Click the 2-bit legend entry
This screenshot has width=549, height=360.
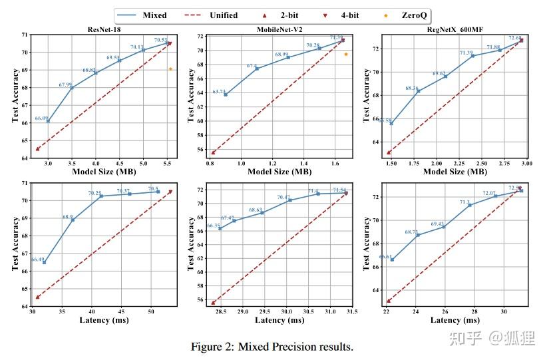[x=285, y=15]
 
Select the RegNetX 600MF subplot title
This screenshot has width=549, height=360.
[x=455, y=29]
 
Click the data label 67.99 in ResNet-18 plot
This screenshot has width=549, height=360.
[x=66, y=85]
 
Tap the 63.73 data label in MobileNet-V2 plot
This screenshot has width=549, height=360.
[x=219, y=91]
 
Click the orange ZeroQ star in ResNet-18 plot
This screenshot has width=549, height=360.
[x=170, y=69]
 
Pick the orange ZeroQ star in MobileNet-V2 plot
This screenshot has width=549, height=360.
[x=346, y=54]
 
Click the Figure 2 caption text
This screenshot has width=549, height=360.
[x=272, y=347]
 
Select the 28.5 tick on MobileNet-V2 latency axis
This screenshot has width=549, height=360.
[x=220, y=311]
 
